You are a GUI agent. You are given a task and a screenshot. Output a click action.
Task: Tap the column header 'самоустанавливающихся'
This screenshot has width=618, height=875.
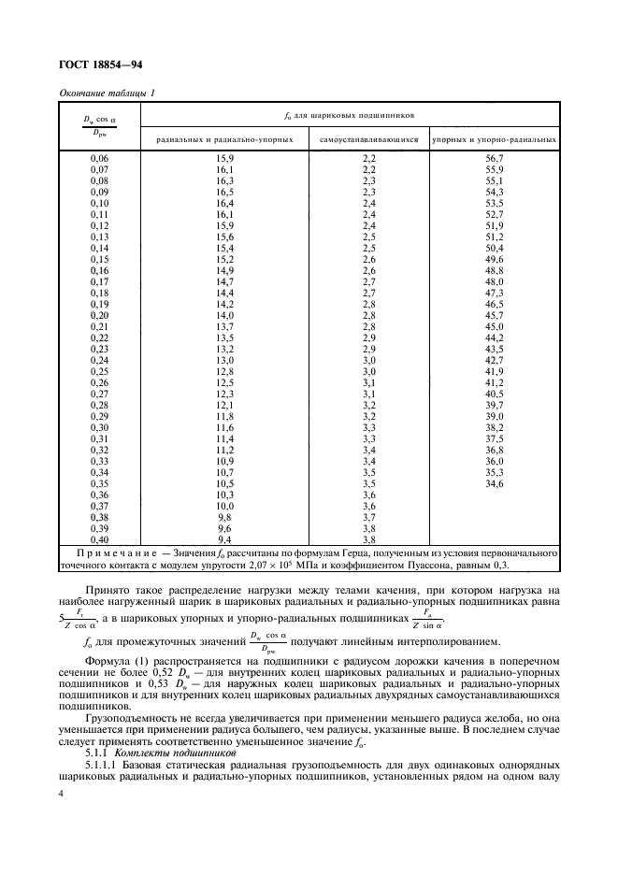pos(368,139)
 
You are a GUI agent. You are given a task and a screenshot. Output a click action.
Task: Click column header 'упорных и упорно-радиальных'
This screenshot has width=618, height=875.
pos(495,139)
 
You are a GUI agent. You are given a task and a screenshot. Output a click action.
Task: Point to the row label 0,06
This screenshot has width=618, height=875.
pos(99,159)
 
